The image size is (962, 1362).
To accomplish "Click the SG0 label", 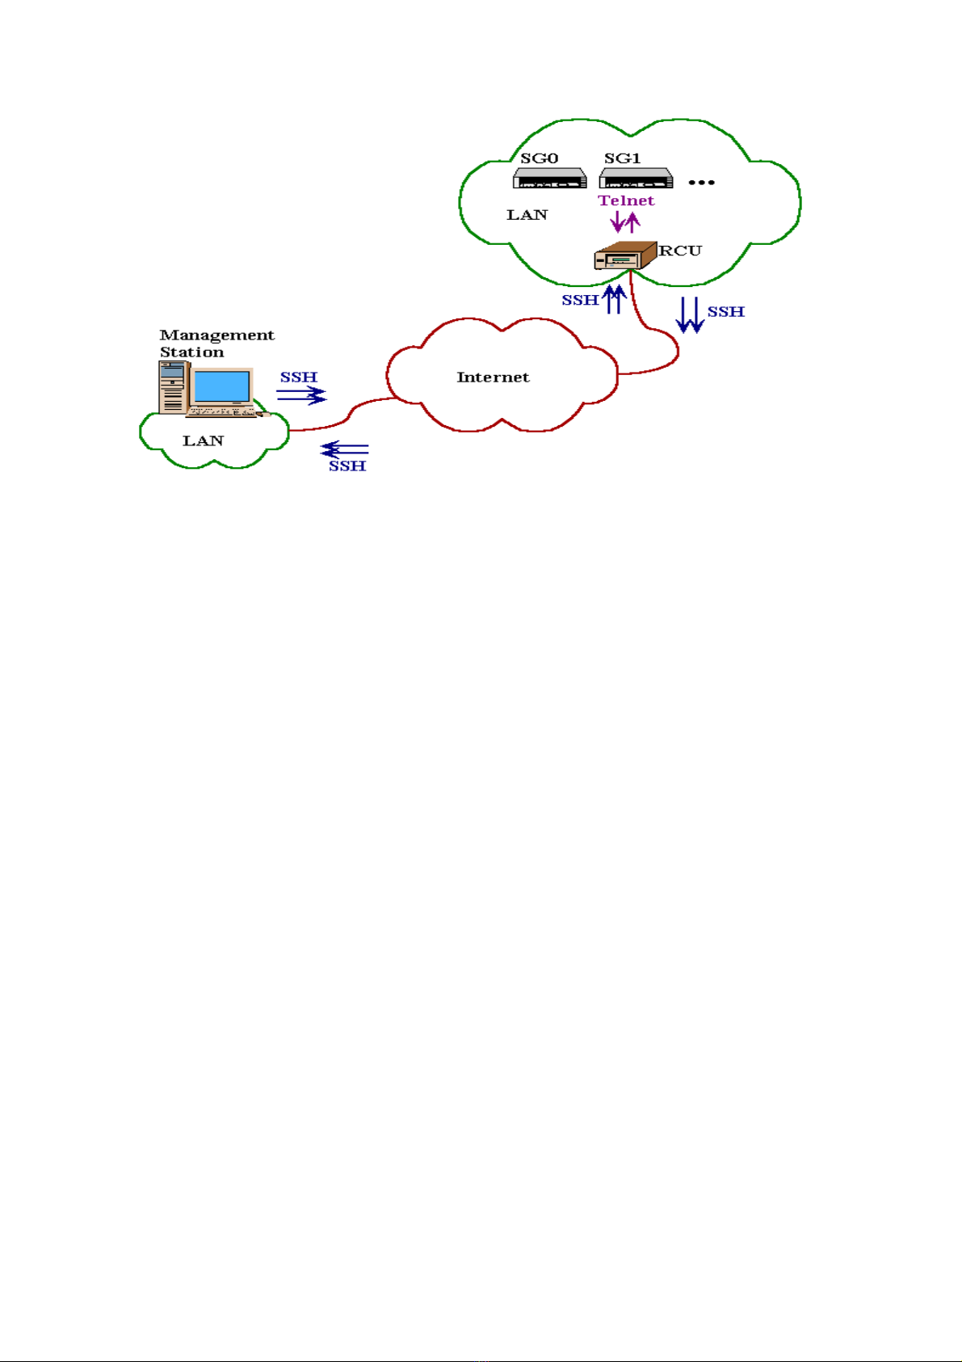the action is [x=539, y=158].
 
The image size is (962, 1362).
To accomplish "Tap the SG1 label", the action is [x=622, y=158].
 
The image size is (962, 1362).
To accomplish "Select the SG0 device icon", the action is [x=549, y=179].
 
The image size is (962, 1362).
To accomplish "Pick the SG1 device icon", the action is [x=636, y=179].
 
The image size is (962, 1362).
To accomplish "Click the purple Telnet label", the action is [x=626, y=200].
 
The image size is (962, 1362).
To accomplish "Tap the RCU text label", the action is [x=680, y=251].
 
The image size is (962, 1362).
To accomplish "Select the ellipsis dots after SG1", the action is [x=701, y=183].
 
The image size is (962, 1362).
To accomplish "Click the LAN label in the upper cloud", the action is [x=527, y=215].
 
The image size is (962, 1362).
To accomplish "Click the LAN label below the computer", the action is [x=203, y=441].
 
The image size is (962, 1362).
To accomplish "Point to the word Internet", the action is [x=493, y=377].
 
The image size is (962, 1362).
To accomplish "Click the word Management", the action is [x=217, y=335].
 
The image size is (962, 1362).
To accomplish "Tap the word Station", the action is [x=191, y=352].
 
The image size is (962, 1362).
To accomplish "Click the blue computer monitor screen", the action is [x=221, y=387].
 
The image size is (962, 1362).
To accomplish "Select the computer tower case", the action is [x=173, y=388].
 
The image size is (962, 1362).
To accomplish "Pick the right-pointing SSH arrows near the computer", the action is [x=301, y=395].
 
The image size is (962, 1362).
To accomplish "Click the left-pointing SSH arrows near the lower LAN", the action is [x=345, y=449].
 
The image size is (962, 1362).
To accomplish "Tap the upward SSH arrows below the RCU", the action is [x=614, y=299].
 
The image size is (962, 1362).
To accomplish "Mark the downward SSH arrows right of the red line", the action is [x=690, y=315].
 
